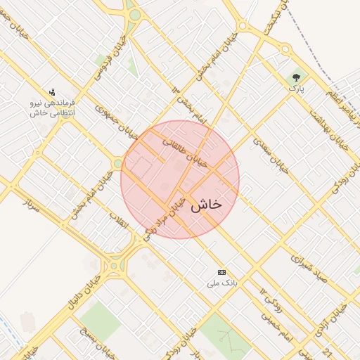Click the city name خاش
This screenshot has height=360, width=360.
click(x=206, y=203)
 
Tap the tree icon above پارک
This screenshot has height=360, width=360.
click(x=296, y=77)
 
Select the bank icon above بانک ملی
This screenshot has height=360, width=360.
click(x=222, y=272)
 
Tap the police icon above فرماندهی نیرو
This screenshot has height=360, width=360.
click(x=52, y=92)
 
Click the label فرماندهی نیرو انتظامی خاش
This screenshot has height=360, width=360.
click(x=52, y=108)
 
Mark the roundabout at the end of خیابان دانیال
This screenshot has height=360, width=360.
click(x=114, y=265)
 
